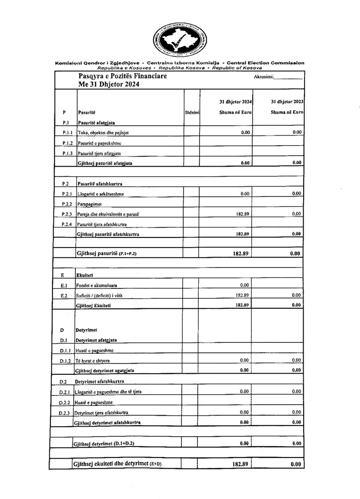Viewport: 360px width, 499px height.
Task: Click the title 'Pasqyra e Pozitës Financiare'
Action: pyautogui.click(x=123, y=76)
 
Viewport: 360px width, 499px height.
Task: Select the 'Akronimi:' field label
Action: pyautogui.click(x=264, y=77)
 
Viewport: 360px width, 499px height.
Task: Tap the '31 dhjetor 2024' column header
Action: pyautogui.click(x=235, y=101)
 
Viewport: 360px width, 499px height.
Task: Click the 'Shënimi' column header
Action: pyautogui.click(x=192, y=113)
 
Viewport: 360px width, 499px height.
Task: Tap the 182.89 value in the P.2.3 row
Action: pyautogui.click(x=242, y=214)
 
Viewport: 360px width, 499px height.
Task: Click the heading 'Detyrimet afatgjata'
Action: pyautogui.click(x=96, y=340)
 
